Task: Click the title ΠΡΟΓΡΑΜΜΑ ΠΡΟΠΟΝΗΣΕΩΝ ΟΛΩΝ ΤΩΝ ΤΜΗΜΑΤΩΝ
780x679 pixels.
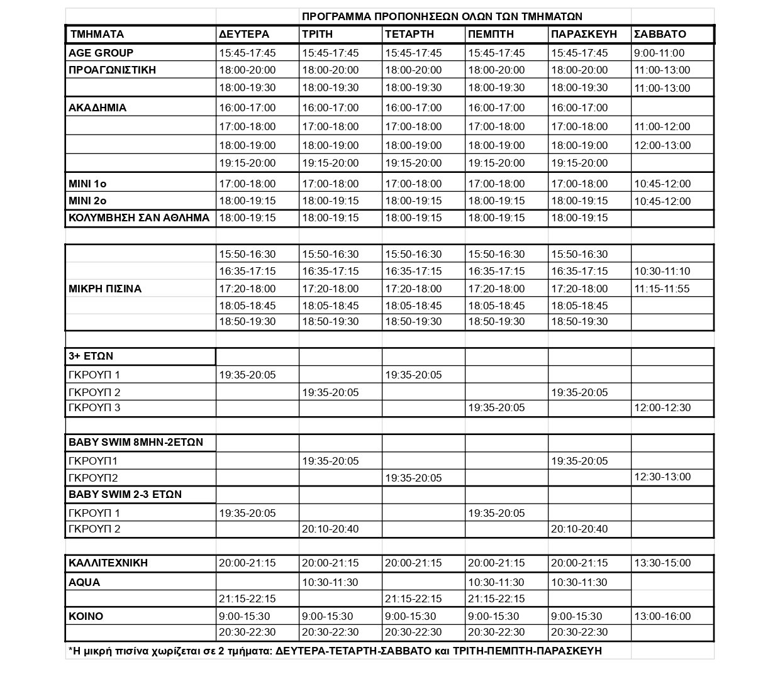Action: [x=442, y=16]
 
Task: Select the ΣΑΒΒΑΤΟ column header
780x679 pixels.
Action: [x=660, y=34]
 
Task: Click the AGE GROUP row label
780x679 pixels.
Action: [x=101, y=53]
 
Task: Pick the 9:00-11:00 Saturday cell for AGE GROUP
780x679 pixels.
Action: [x=659, y=53]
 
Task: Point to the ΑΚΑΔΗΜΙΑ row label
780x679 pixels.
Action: [x=97, y=108]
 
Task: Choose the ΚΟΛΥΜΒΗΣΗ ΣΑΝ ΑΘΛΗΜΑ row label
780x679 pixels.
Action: [x=139, y=218]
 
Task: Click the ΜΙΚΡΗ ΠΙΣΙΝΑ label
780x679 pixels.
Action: [x=105, y=289]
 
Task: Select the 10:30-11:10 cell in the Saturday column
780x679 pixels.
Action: [x=662, y=271]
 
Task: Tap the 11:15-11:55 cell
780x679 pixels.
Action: [x=662, y=289]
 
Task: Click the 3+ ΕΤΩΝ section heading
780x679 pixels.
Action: [x=91, y=356]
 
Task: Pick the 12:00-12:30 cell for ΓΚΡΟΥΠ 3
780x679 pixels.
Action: [x=662, y=407]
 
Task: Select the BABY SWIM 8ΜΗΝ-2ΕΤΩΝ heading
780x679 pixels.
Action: [x=136, y=442]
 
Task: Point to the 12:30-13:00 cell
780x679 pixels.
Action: [x=662, y=477]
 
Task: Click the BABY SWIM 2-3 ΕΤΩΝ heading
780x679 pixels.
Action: [x=125, y=494]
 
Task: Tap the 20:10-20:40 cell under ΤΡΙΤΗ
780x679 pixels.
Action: [x=330, y=529]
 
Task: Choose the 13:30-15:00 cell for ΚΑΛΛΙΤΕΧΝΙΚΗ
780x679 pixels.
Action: [x=662, y=563]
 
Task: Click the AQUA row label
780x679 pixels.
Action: [x=84, y=582]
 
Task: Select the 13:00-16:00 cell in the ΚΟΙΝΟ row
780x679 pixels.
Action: [x=662, y=616]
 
